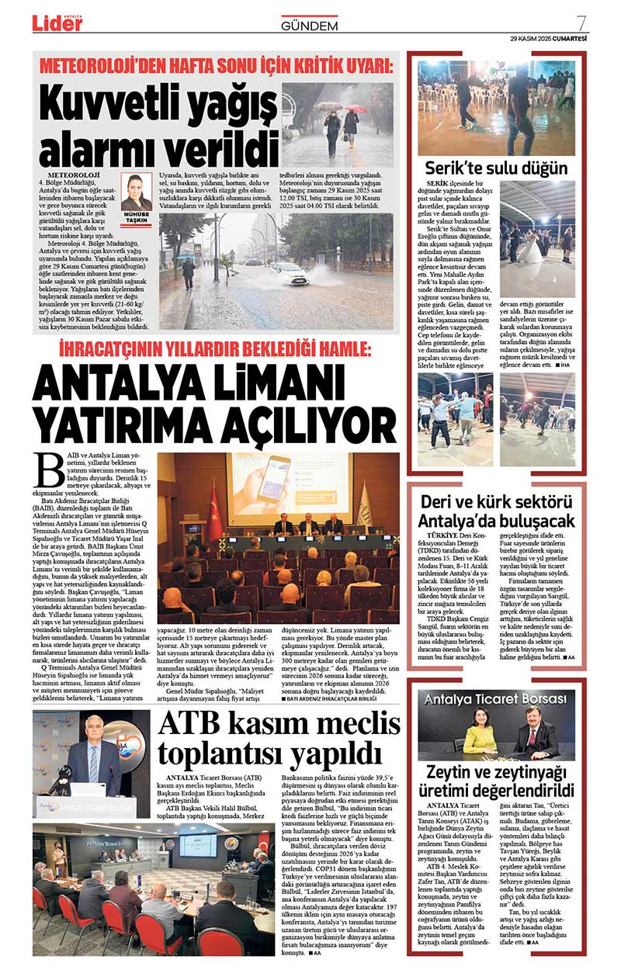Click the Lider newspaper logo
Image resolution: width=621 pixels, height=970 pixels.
[57, 23]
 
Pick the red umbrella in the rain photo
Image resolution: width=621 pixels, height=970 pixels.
[355, 109]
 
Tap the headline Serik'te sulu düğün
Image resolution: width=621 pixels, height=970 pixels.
[496, 168]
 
